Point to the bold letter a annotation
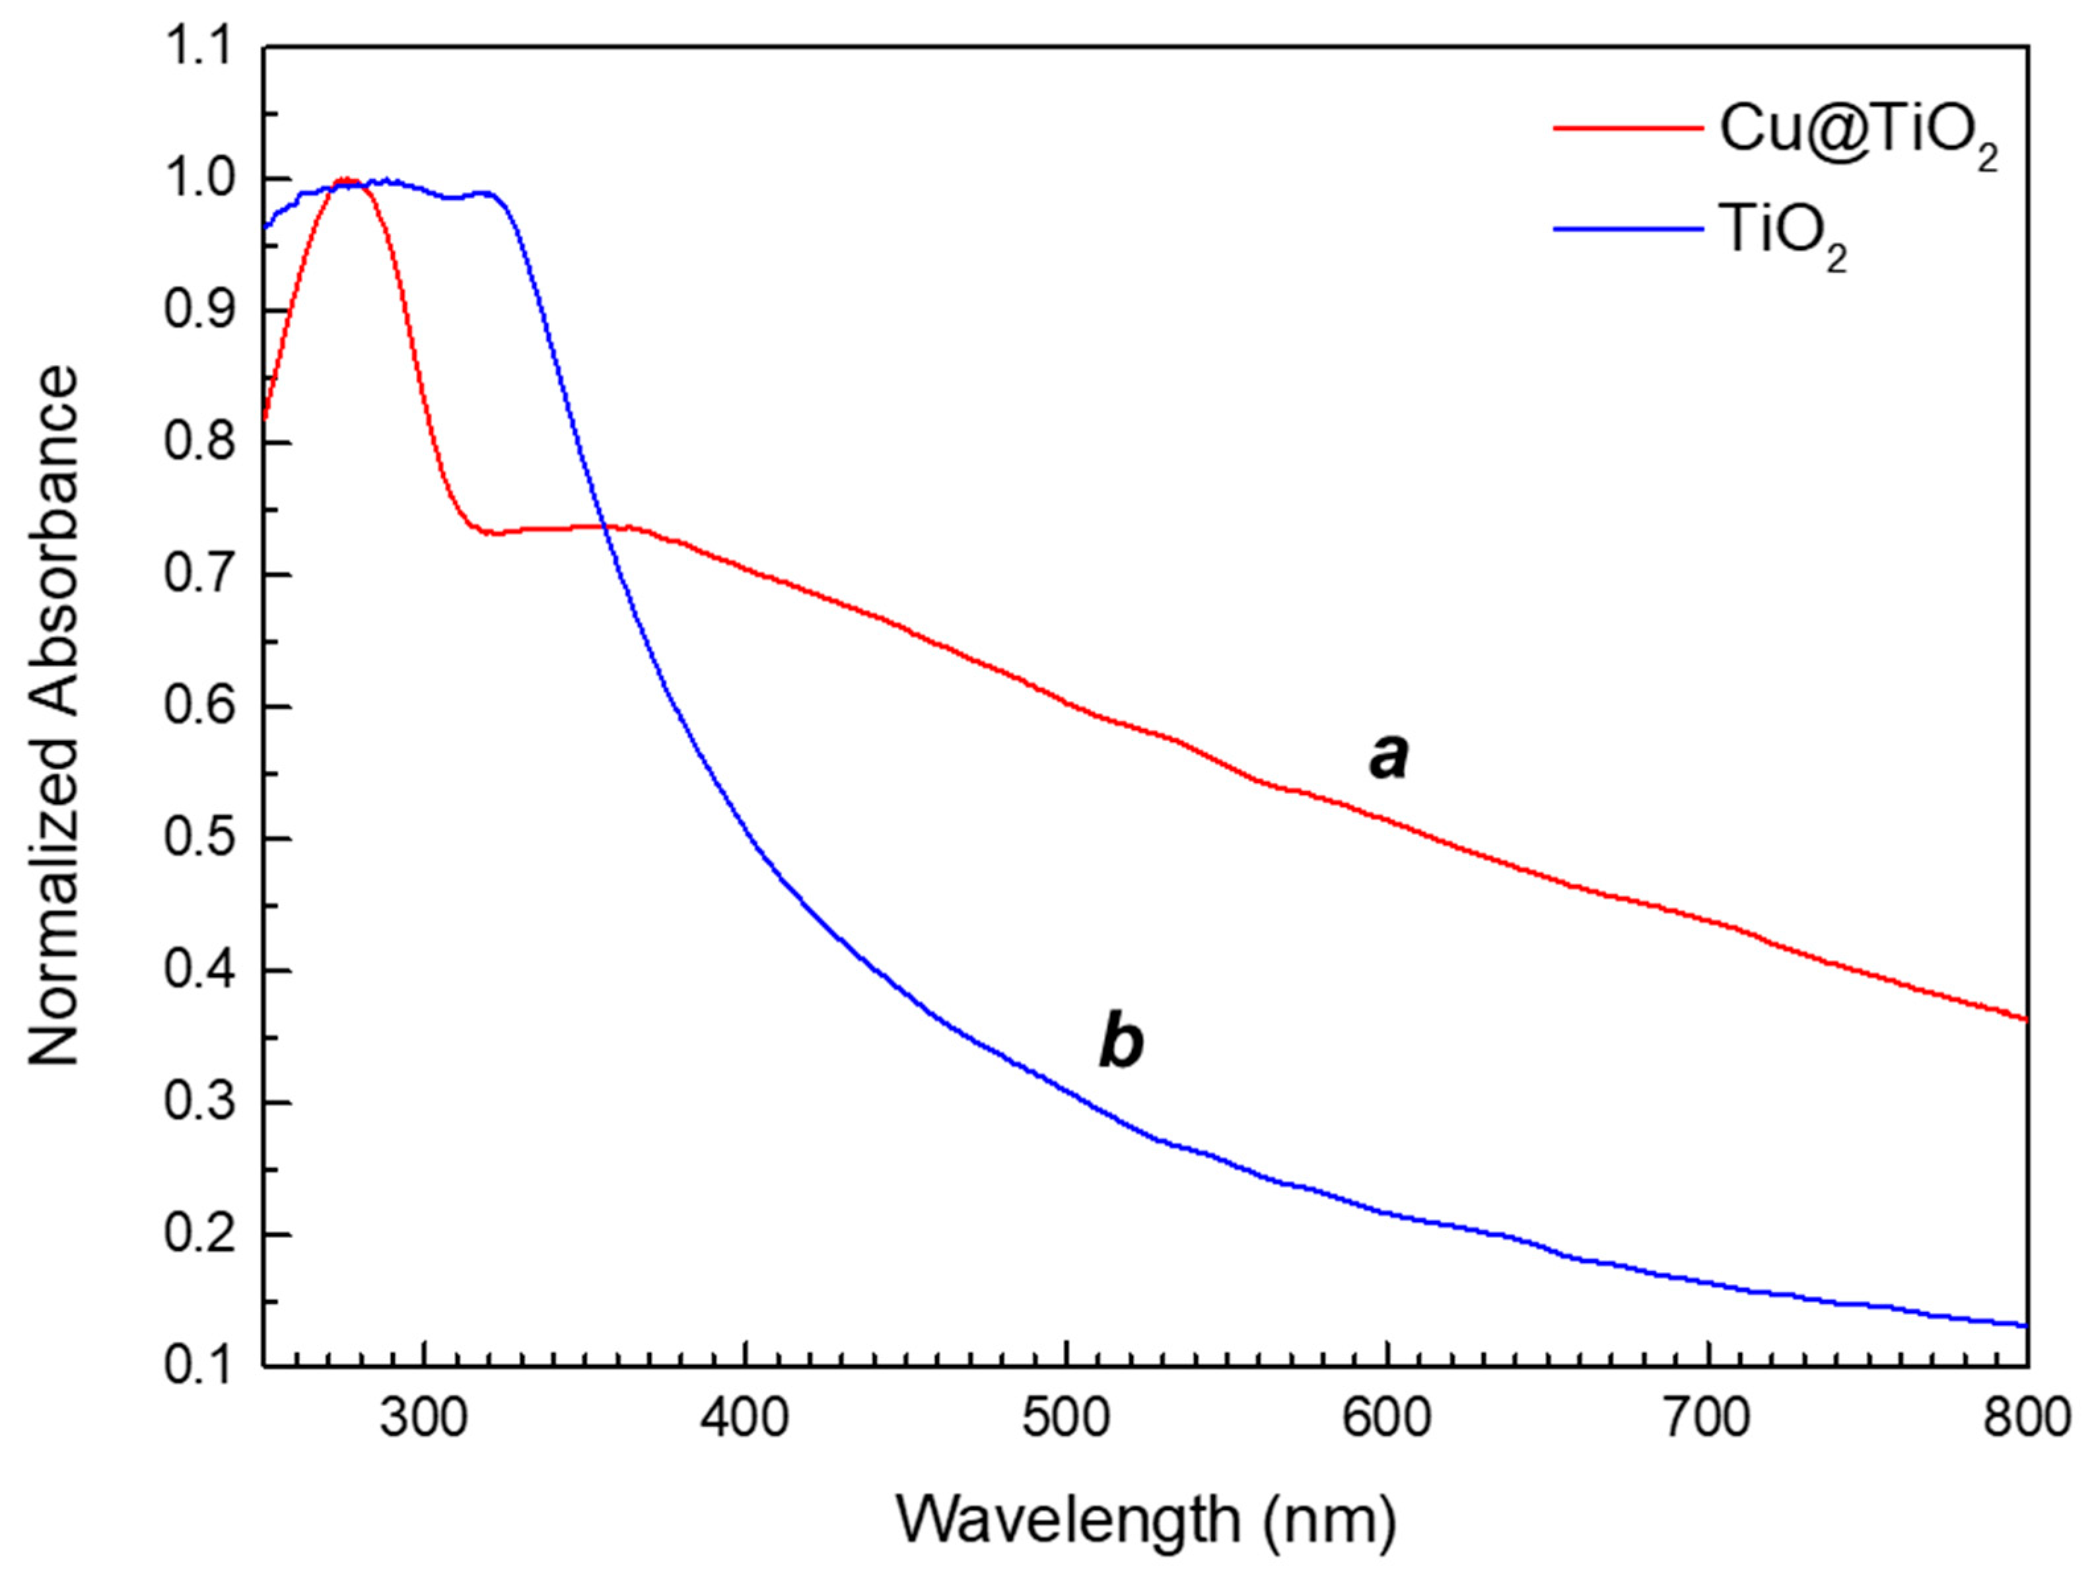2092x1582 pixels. click(1388, 757)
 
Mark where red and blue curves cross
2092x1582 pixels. click(604, 527)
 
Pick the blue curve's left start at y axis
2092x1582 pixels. click(265, 228)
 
